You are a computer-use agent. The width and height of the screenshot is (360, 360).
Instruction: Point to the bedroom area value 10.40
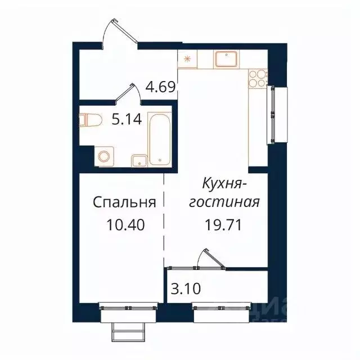pos(125,225)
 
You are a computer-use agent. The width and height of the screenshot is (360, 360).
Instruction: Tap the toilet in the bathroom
pos(90,120)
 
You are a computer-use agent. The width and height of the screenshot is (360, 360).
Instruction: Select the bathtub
pos(159,138)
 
